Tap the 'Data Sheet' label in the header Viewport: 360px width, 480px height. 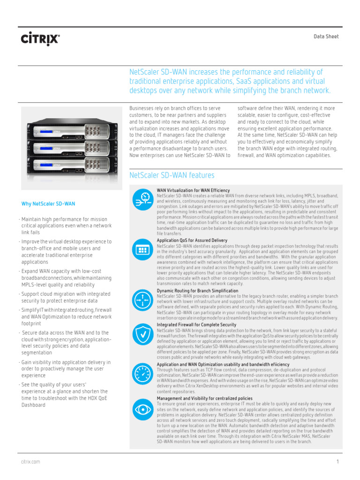(326, 37)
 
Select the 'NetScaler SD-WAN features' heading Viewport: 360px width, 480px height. (172, 175)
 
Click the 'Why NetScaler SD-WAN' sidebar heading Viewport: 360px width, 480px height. (48, 204)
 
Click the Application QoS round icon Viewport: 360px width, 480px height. (142, 250)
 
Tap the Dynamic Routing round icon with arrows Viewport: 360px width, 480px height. (142, 299)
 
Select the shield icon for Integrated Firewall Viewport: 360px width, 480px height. (142, 333)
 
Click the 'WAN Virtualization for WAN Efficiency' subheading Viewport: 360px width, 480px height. (193, 190)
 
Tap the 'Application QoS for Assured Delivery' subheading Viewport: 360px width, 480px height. (192, 240)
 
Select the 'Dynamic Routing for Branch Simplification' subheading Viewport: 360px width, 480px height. (197, 291)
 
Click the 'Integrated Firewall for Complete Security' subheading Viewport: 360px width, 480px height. (196, 324)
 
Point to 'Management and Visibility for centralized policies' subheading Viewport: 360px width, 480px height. (204, 398)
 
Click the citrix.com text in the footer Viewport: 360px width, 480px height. (30, 462)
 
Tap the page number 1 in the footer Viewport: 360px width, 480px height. (337, 462)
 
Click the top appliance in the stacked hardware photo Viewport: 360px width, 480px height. (73, 128)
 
